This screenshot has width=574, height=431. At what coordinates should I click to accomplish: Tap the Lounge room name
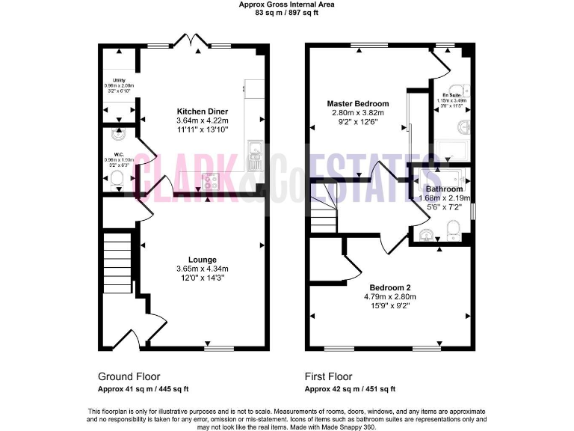(202, 260)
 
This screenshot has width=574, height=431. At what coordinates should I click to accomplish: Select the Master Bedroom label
(358, 103)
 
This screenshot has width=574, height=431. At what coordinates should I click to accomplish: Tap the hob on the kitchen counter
(211, 179)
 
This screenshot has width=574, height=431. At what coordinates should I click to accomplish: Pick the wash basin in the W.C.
(116, 135)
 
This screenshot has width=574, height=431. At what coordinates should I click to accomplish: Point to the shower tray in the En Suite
(451, 149)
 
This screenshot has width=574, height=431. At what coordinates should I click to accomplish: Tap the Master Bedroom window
(369, 46)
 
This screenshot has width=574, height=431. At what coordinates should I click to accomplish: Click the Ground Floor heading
(129, 376)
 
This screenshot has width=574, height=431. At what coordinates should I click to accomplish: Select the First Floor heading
(328, 376)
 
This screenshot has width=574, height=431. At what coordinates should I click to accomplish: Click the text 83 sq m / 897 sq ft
(286, 12)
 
